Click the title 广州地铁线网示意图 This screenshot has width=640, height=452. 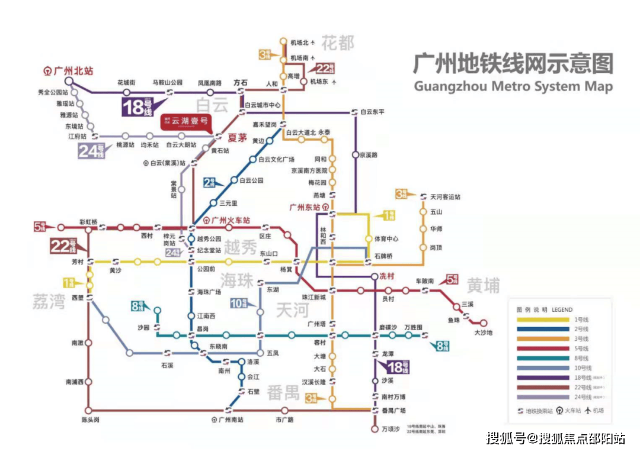513,63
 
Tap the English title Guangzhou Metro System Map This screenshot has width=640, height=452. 513,86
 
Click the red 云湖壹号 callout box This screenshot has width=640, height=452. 186,122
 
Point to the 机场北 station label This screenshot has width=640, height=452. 300,43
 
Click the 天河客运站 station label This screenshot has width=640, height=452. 445,196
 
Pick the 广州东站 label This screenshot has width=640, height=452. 305,207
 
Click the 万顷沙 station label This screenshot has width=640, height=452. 391,428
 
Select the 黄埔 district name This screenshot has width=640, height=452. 483,285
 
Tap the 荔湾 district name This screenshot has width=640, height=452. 49,302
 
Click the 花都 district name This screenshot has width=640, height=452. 338,43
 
